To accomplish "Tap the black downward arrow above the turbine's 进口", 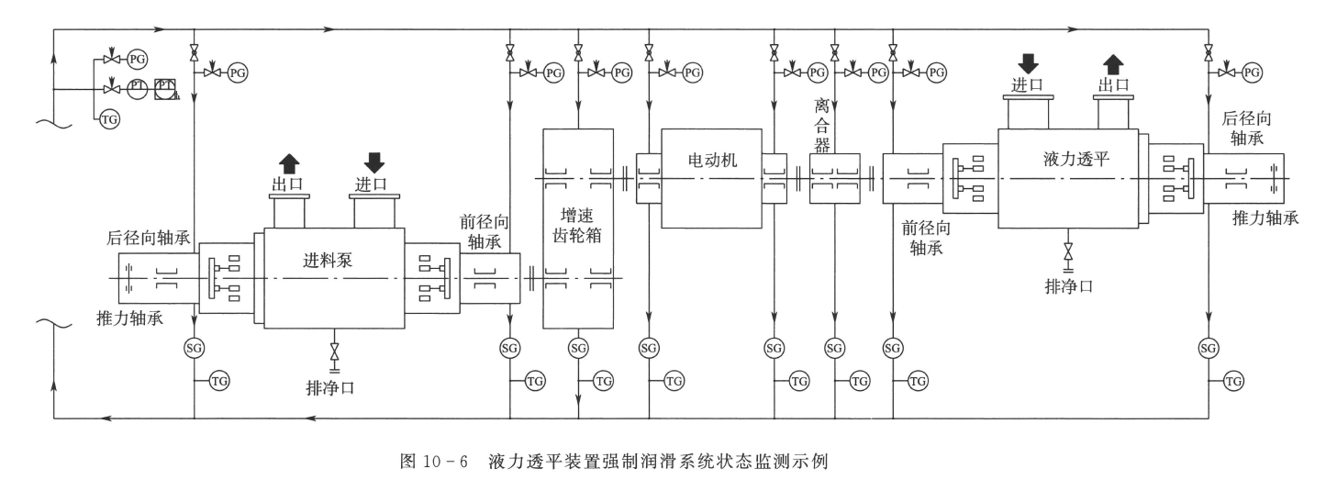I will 1029,63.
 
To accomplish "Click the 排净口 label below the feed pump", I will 330,386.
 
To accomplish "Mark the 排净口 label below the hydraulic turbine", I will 1068,285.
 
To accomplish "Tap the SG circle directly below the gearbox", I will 578,348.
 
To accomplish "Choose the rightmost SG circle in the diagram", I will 1209,348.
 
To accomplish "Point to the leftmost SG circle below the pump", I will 194,348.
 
